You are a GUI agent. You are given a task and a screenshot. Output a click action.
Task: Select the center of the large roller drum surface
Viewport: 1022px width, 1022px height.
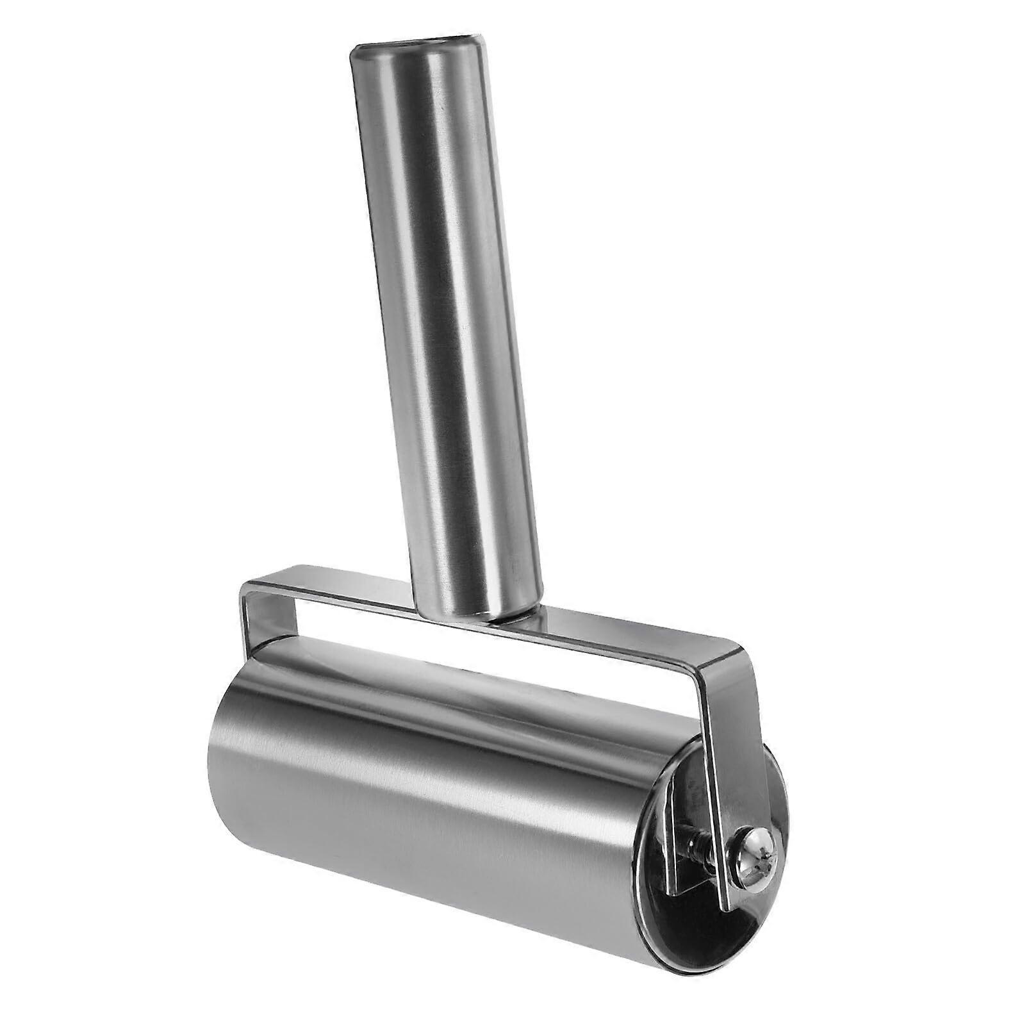[x=449, y=801]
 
